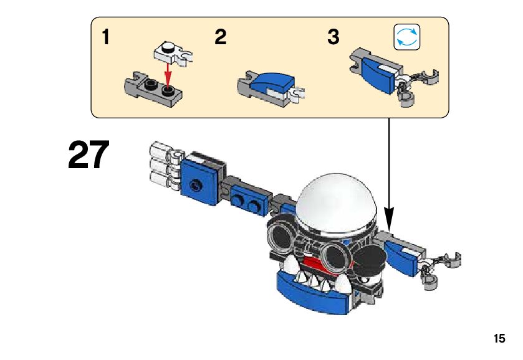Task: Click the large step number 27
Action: pyautogui.click(x=89, y=154)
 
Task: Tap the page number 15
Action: pyautogui.click(x=499, y=339)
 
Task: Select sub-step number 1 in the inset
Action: pyautogui.click(x=106, y=37)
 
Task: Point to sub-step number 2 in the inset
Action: pyautogui.click(x=221, y=37)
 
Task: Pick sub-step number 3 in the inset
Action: pyautogui.click(x=333, y=37)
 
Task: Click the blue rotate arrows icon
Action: pyautogui.click(x=407, y=37)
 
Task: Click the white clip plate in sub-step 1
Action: pyautogui.click(x=173, y=54)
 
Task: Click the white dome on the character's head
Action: pyautogui.click(x=337, y=202)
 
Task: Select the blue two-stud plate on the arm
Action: pyautogui.click(x=249, y=199)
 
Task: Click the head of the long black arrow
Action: pyautogui.click(x=389, y=219)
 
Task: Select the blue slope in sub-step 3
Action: pyautogui.click(x=378, y=73)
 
